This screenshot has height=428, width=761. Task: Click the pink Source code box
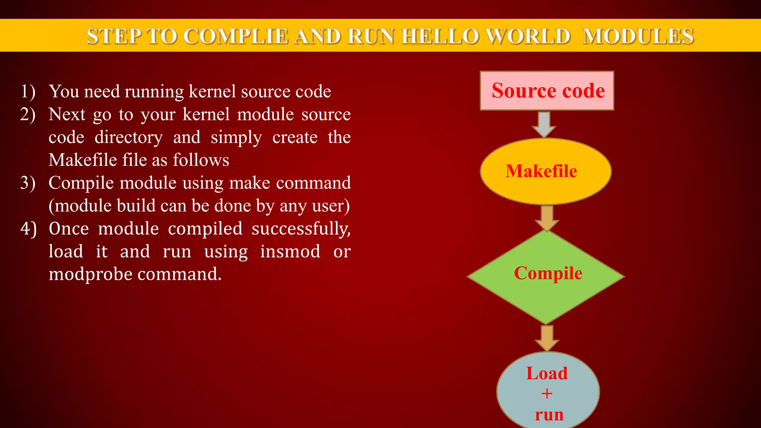tap(547, 91)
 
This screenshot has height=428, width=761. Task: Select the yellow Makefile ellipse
tap(545, 171)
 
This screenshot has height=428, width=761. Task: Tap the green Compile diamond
tap(545, 276)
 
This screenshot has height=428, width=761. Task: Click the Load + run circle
tap(548, 392)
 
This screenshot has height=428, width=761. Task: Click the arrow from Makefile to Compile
tap(547, 218)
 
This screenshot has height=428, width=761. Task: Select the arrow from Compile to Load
tap(547, 338)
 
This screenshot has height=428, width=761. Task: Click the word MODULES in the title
tap(638, 36)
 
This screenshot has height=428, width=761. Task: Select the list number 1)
tap(28, 91)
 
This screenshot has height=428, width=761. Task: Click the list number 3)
tap(28, 183)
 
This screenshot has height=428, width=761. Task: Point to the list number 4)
tap(28, 228)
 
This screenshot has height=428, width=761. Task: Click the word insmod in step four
tap(290, 252)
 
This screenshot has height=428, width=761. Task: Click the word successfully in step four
tap(301, 228)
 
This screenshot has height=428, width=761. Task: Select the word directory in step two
tap(129, 137)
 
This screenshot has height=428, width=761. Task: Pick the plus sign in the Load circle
tap(547, 393)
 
